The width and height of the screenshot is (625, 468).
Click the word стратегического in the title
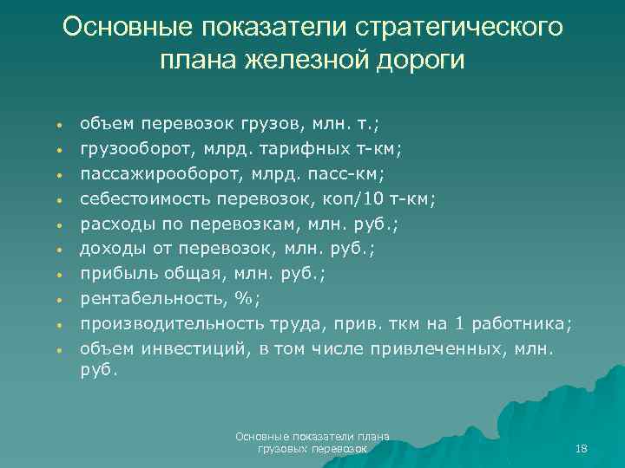459,28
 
